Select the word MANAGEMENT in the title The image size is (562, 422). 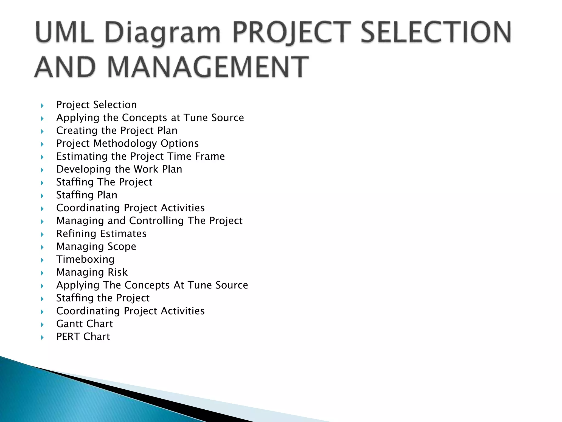(x=208, y=67)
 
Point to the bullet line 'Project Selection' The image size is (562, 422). (x=96, y=105)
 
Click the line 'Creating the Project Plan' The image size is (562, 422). (x=117, y=131)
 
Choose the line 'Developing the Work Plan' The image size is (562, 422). (x=119, y=169)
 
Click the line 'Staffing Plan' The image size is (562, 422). (x=87, y=195)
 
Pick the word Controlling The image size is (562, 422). (x=156, y=221)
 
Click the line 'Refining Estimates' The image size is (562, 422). (x=101, y=234)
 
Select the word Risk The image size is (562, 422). (x=117, y=272)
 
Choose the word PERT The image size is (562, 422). (x=68, y=337)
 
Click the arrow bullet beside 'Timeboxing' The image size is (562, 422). (x=42, y=260)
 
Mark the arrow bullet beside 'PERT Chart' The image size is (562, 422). (x=42, y=337)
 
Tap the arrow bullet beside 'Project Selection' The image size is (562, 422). (x=42, y=105)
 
